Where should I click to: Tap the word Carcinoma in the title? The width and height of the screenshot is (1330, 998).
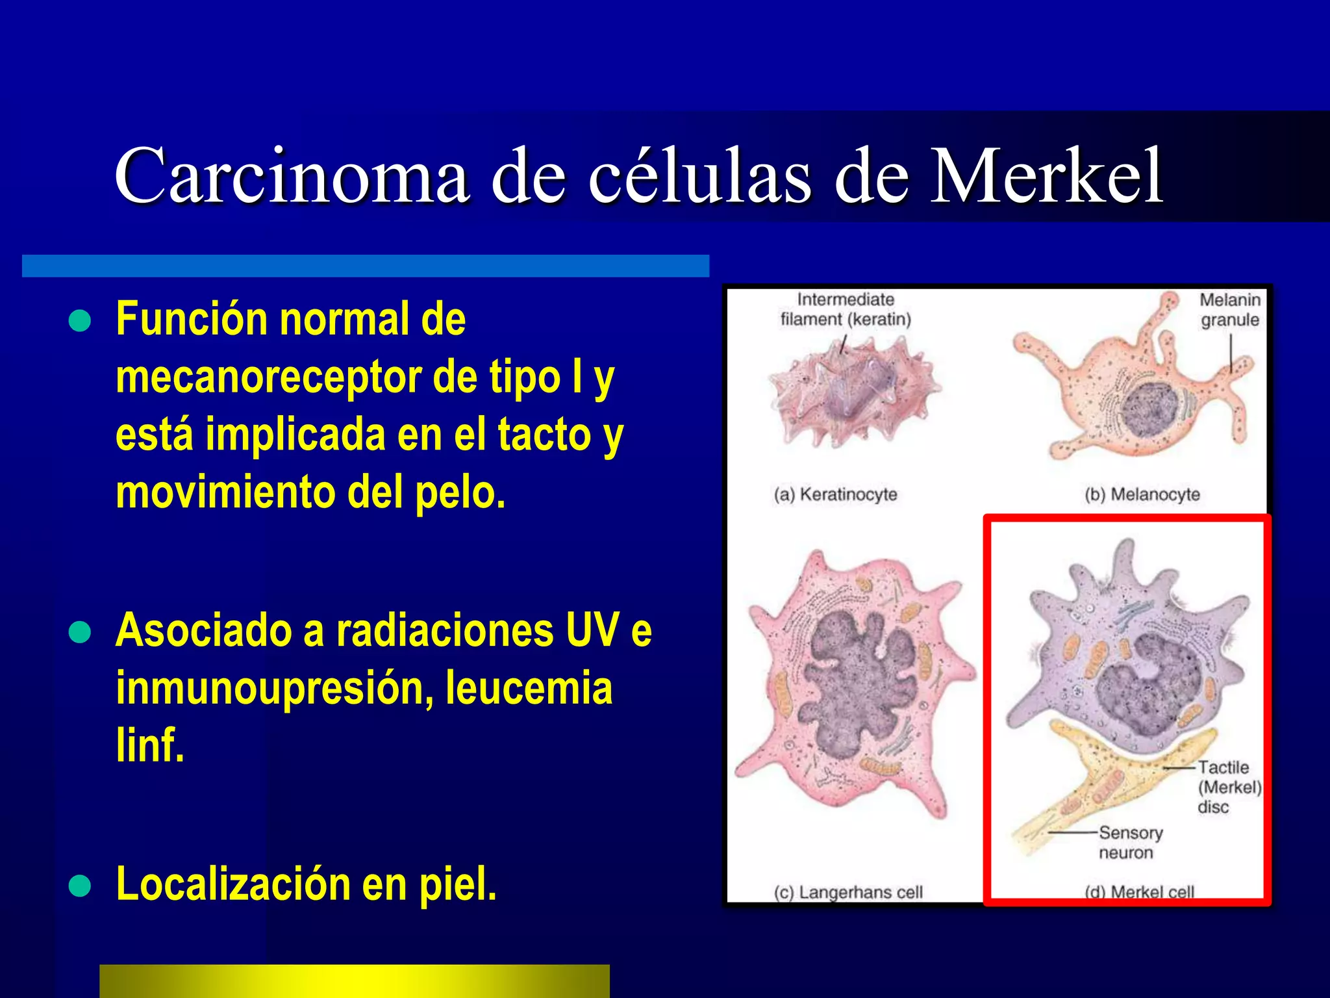click(292, 175)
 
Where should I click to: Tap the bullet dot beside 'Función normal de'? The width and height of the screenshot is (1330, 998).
click(80, 320)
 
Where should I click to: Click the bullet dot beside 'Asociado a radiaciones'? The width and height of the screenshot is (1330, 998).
click(80, 632)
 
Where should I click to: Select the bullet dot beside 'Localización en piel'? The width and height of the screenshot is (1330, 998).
click(80, 886)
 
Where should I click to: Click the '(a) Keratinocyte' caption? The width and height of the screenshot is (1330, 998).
click(835, 494)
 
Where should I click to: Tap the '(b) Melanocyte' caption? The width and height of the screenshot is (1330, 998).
click(1142, 494)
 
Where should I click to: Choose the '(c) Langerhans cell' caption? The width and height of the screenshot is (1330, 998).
click(848, 892)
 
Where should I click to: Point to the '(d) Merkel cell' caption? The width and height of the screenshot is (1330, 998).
click(1139, 891)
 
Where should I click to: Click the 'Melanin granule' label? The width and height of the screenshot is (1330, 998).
click(1229, 310)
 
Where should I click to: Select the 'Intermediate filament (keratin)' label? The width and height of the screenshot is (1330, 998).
click(846, 309)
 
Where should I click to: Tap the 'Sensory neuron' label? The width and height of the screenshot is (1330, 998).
click(1130, 843)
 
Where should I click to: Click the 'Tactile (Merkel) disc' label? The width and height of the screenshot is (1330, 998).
click(1229, 787)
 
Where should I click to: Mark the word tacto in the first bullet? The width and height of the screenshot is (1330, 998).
click(544, 434)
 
